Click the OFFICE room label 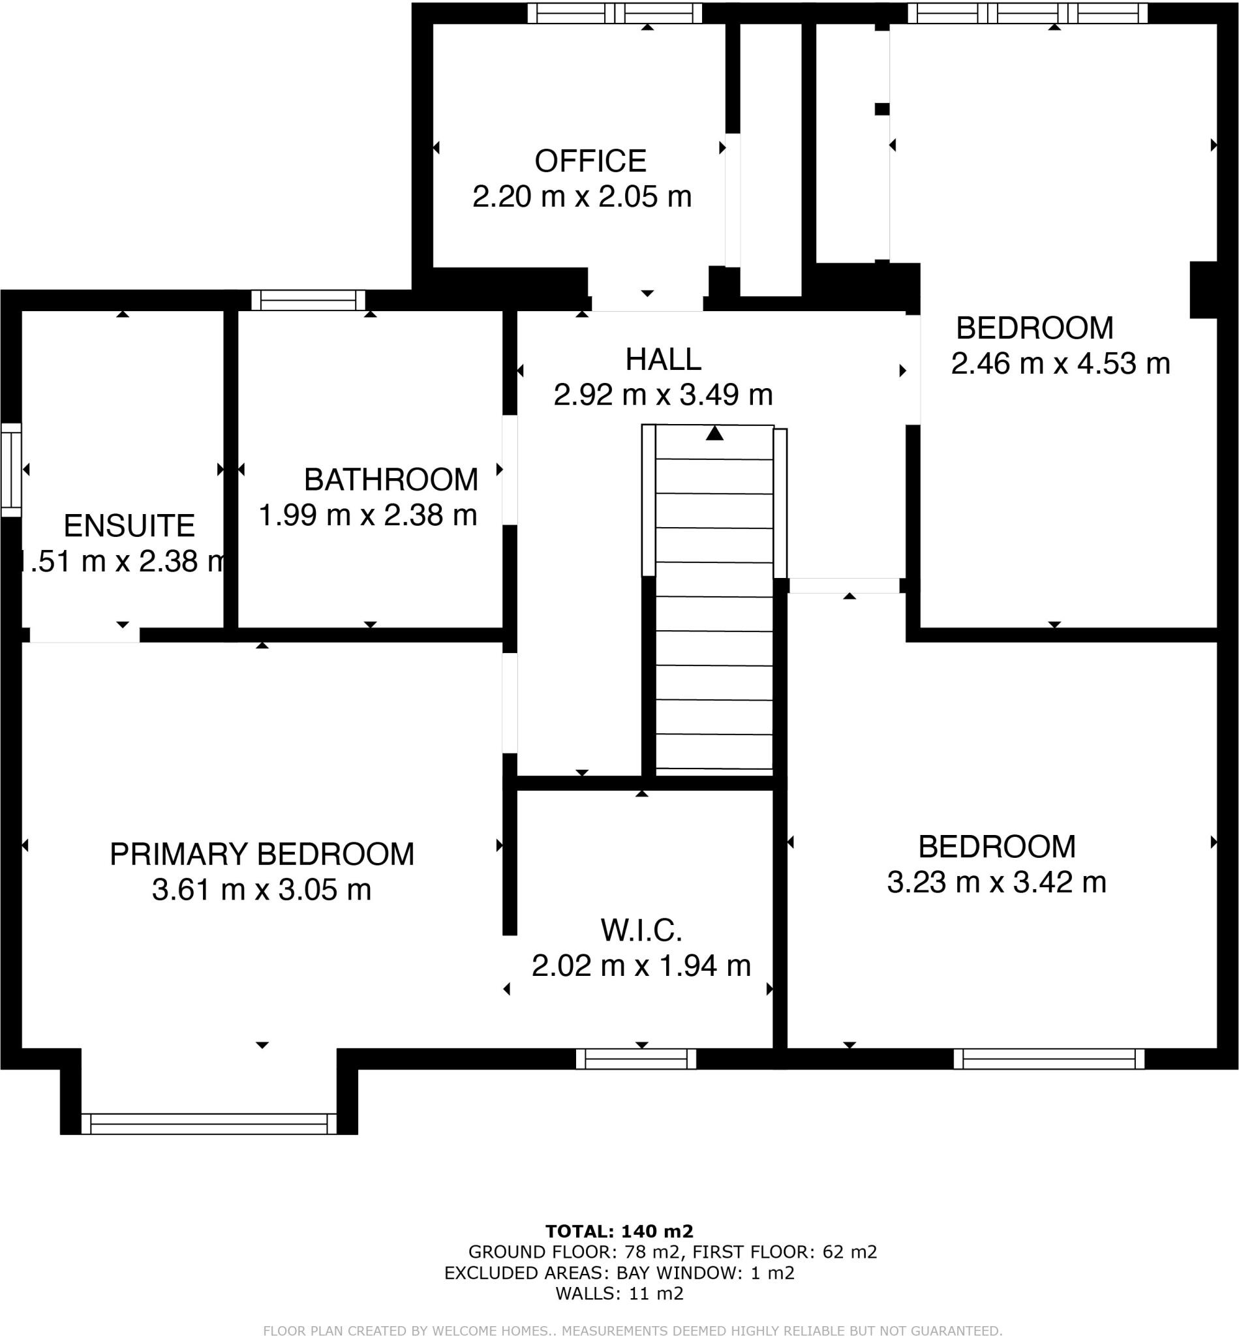(x=590, y=161)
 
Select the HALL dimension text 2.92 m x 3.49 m (x=662, y=395)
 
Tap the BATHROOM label (x=391, y=479)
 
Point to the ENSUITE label (x=129, y=526)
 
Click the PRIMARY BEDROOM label (x=262, y=854)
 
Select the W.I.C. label (x=641, y=930)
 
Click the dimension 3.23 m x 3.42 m (x=996, y=882)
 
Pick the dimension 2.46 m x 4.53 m (x=1060, y=364)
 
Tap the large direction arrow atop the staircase (x=714, y=434)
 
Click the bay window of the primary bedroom (x=209, y=1123)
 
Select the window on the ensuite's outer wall (x=10, y=469)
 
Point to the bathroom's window (x=309, y=299)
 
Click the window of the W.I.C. (x=635, y=1059)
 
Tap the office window (x=614, y=13)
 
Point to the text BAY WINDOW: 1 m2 (x=705, y=1273)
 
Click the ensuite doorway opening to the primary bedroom (x=84, y=635)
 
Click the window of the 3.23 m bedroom (x=1048, y=1059)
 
